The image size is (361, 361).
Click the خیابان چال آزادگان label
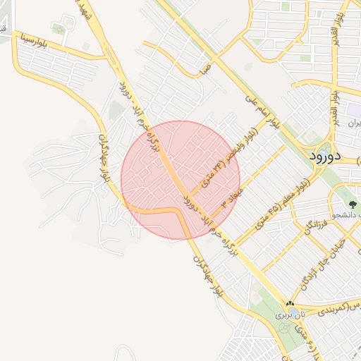tap(313, 269)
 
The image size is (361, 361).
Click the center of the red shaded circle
tap(180, 180)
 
